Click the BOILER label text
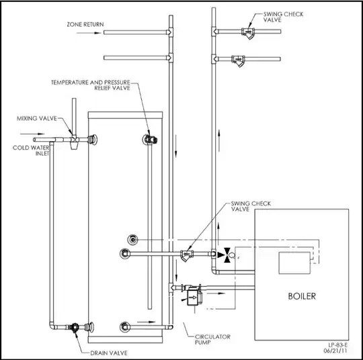[302, 296]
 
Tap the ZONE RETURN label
[85, 24]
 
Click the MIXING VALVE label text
[37, 118]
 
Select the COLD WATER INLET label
[31, 150]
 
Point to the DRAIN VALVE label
[109, 353]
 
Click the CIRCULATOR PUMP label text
[212, 339]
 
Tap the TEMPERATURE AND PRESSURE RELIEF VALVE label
[91, 85]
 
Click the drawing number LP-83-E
[337, 345]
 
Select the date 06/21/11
[335, 351]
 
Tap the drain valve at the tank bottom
[75, 327]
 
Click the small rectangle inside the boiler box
[294, 263]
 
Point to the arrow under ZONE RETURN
[89, 33]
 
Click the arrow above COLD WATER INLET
[32, 134]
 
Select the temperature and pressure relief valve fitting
[151, 139]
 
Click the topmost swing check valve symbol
[248, 33]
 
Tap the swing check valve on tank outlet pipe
[187, 255]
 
